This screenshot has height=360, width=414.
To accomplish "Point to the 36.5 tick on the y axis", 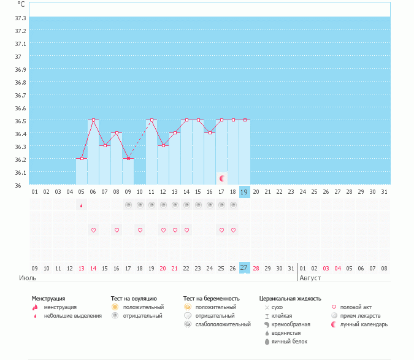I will (x=20, y=121).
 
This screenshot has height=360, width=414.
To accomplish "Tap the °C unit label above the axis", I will (x=21, y=4).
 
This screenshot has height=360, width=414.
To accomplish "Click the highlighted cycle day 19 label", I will (x=245, y=192).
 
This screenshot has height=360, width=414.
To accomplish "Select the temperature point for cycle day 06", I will (x=93, y=120).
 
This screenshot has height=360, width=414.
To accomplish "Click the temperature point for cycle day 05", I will (x=82, y=158).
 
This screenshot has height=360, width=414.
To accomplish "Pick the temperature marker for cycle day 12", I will (x=163, y=145).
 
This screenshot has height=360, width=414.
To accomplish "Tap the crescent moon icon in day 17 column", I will (x=222, y=178).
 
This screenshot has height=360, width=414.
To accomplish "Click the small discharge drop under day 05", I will (x=82, y=206).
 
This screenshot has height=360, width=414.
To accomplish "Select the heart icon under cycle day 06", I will (x=93, y=230).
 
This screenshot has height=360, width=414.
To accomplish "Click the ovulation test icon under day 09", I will (x=128, y=205).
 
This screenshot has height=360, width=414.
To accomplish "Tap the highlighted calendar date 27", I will (x=244, y=267).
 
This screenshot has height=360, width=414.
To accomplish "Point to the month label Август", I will (x=310, y=278).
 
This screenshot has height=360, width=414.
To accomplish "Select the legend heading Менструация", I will (x=48, y=299).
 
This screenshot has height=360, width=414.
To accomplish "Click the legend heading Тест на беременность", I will (x=211, y=299).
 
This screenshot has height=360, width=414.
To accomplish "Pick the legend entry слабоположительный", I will (x=224, y=324).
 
